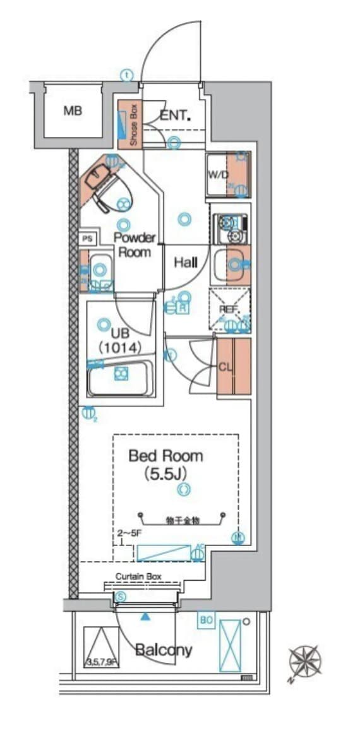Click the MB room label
[73, 111]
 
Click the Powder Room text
[134, 245]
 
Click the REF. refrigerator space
[229, 309]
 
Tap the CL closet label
[225, 366]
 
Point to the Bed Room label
[165, 455]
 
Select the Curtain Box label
[138, 576]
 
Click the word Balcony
[164, 650]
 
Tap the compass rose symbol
[306, 662]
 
